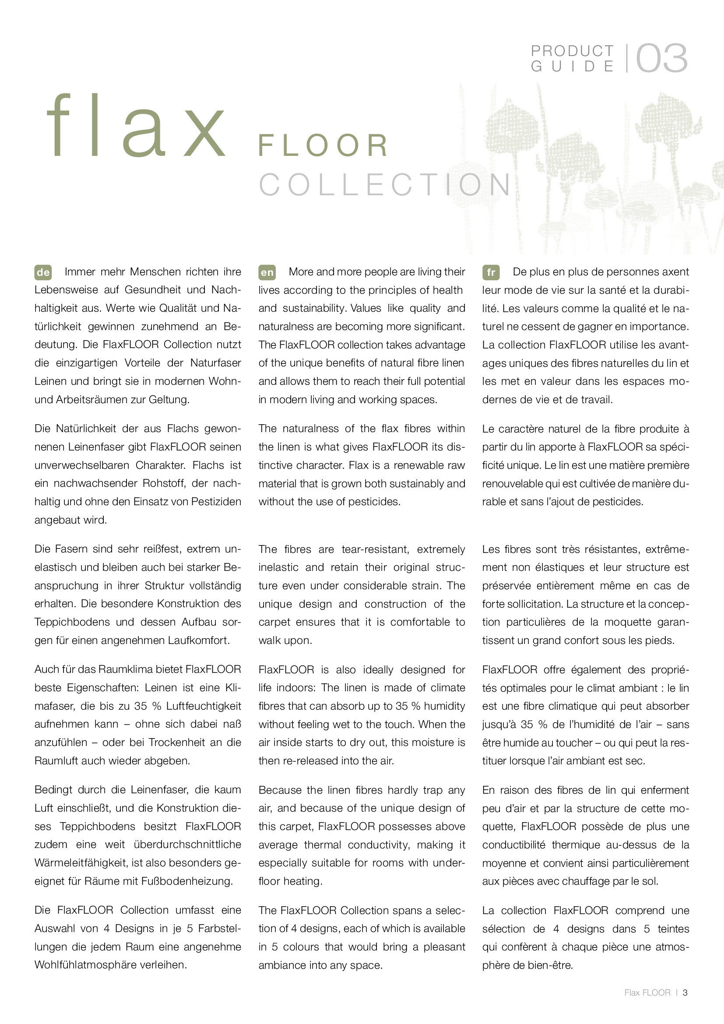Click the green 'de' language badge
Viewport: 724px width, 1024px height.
[43, 272]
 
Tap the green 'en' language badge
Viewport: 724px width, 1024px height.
[267, 272]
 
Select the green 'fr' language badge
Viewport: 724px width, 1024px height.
[490, 272]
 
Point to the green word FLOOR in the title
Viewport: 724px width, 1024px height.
[323, 145]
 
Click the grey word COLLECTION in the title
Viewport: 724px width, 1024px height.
[385, 185]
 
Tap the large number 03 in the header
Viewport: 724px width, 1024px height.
[661, 58]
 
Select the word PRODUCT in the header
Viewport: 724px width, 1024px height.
[573, 51]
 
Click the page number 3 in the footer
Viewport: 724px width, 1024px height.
[685, 992]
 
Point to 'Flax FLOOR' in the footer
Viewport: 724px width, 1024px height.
[647, 992]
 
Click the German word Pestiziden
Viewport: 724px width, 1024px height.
[216, 502]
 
